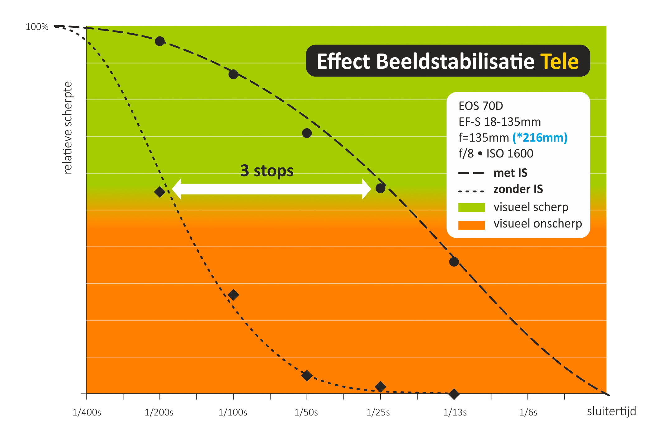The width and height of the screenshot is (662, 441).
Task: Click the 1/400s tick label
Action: click(87, 412)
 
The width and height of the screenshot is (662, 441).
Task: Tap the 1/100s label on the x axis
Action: click(233, 412)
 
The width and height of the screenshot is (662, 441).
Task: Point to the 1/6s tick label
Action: click(528, 412)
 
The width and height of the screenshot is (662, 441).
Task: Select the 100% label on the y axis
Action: click(37, 27)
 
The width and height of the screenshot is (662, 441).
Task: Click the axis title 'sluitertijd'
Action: click(612, 411)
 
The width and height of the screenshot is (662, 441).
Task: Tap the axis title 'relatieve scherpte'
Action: click(68, 128)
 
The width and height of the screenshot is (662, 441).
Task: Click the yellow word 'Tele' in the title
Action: click(559, 62)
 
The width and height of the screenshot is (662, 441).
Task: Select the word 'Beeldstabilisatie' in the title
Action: click(455, 61)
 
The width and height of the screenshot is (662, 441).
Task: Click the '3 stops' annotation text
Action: click(267, 171)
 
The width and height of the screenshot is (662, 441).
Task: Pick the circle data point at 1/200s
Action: click(160, 41)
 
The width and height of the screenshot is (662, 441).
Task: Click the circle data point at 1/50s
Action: click(307, 133)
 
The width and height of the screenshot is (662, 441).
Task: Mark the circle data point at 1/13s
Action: click(454, 262)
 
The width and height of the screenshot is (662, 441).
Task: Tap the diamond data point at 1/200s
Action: click(160, 192)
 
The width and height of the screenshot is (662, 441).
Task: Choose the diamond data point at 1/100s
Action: click(233, 295)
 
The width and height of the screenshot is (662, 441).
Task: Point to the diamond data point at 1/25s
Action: click(380, 387)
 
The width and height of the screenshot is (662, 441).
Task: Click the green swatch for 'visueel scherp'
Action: click(471, 207)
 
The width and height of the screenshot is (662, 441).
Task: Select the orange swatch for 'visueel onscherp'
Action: click(471, 225)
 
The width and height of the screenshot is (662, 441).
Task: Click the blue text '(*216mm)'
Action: click(540, 138)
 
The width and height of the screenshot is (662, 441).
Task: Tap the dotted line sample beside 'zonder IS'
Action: click(471, 191)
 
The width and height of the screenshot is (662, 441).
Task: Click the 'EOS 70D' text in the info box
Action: click(481, 106)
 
